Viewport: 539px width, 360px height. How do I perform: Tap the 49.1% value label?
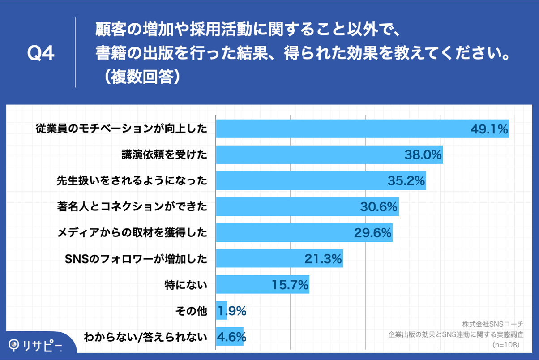pyautogui.click(x=489, y=129)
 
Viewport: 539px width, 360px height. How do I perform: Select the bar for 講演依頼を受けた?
pyautogui.click(x=329, y=155)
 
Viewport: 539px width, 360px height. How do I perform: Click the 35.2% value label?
pyautogui.click(x=406, y=181)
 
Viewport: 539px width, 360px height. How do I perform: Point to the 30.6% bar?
pyautogui.click(x=307, y=207)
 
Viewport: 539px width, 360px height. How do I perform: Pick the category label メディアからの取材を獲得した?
pyautogui.click(x=133, y=233)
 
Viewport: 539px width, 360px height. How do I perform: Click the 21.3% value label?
pyautogui.click(x=323, y=259)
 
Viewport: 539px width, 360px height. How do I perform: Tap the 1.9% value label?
pyautogui.click(x=232, y=311)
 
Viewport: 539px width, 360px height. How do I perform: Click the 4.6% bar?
pyautogui.click(x=230, y=336)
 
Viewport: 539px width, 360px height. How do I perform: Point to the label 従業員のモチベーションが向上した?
pyautogui.click(x=121, y=129)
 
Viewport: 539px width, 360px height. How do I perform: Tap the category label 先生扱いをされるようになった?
pyautogui.click(x=132, y=181)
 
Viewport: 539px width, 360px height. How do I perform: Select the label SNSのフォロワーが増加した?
pyautogui.click(x=136, y=259)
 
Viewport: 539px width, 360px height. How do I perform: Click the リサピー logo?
pyautogui.click(x=36, y=344)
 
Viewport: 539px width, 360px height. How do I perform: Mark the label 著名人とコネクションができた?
pyautogui.click(x=133, y=207)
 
